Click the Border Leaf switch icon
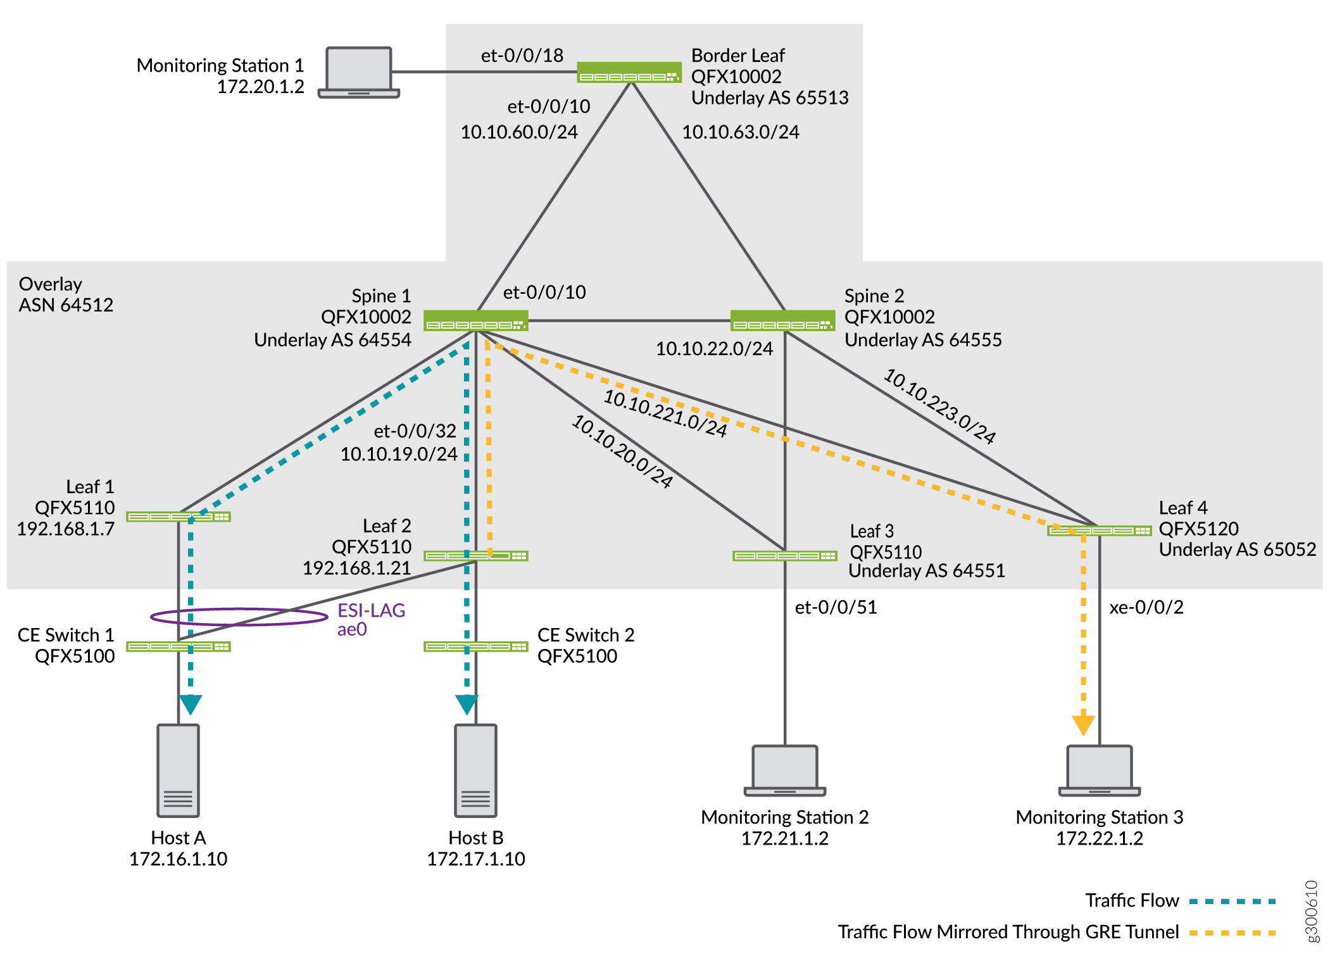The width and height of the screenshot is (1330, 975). tap(629, 72)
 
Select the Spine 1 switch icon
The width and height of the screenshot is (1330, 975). tap(475, 320)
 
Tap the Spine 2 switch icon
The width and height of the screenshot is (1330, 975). tap(782, 320)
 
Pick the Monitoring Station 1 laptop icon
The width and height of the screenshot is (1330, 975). tap(358, 72)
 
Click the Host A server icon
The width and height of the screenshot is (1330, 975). tap(179, 771)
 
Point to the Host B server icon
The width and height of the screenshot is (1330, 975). tap(475, 771)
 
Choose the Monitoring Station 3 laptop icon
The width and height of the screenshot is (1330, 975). tap(1099, 770)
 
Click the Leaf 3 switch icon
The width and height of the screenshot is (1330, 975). tap(785, 556)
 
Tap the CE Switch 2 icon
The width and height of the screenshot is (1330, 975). tap(475, 646)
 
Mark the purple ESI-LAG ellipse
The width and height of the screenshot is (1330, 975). tap(239, 617)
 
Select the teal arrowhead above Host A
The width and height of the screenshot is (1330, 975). tap(191, 704)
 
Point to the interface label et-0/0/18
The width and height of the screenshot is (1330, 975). tap(522, 56)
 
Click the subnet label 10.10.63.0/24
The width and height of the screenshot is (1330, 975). tap(740, 132)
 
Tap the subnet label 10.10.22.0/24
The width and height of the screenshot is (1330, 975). tap(714, 348)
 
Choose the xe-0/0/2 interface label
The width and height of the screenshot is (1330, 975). tap(1146, 607)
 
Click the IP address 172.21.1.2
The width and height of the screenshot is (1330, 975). tap(784, 838)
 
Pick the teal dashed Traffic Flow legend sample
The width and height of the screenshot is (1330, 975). tap(1232, 901)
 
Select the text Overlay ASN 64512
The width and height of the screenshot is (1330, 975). tap(66, 294)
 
